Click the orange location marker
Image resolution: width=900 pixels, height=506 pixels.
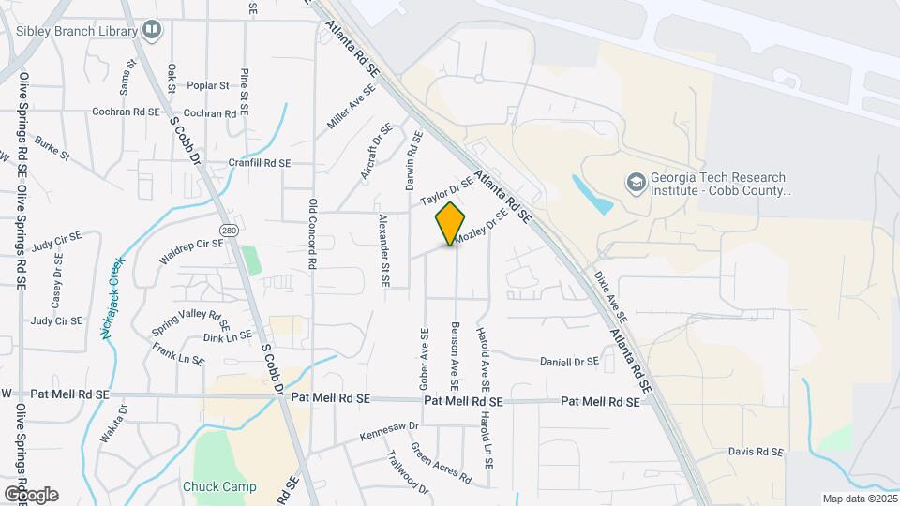click(451, 223)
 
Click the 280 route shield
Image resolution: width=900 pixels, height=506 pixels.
click(229, 230)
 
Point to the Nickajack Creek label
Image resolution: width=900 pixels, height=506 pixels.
click(112, 298)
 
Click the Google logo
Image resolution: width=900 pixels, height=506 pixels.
click(31, 494)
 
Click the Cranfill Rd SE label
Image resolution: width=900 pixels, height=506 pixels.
click(260, 162)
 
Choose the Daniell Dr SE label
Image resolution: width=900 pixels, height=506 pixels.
click(569, 361)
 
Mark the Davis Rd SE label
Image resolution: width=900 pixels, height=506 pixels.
click(755, 452)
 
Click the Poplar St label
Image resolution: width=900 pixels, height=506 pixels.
click(208, 85)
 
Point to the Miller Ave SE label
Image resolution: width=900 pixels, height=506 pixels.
click(351, 107)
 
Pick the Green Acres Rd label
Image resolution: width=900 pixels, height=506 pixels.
click(441, 463)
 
